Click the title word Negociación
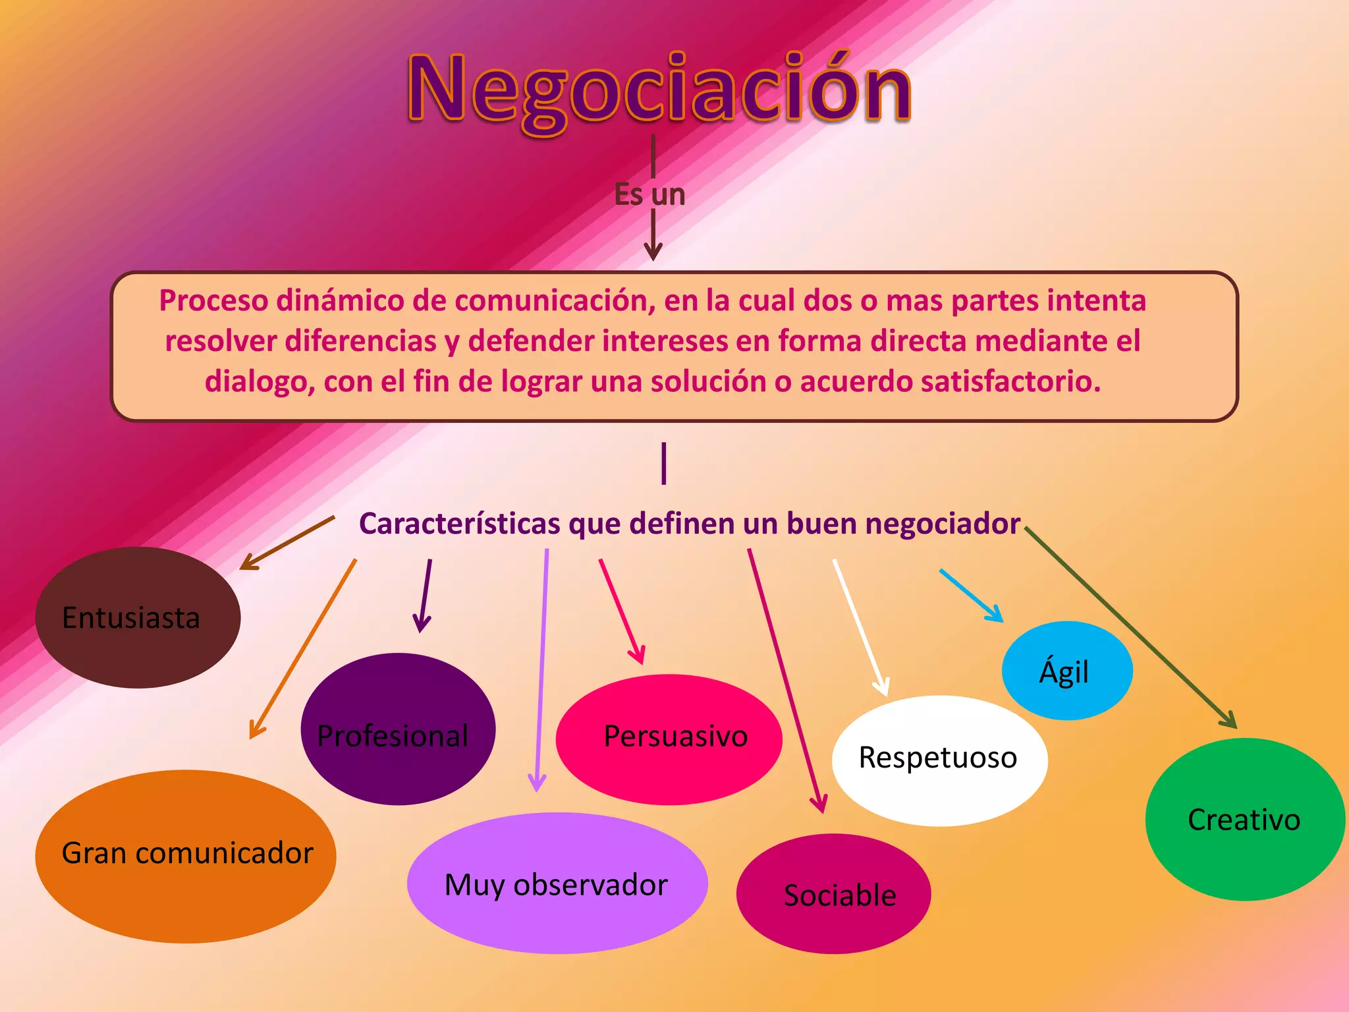point(659,89)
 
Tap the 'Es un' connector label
point(649,195)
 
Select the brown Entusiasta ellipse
point(137,618)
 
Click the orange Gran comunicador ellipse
point(186,855)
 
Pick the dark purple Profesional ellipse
point(397,729)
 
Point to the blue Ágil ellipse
point(1066,671)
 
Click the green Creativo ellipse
point(1244,819)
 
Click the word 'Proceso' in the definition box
point(214,301)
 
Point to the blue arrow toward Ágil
point(971,595)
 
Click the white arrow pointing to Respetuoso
point(860,626)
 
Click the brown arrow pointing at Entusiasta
point(287,543)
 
